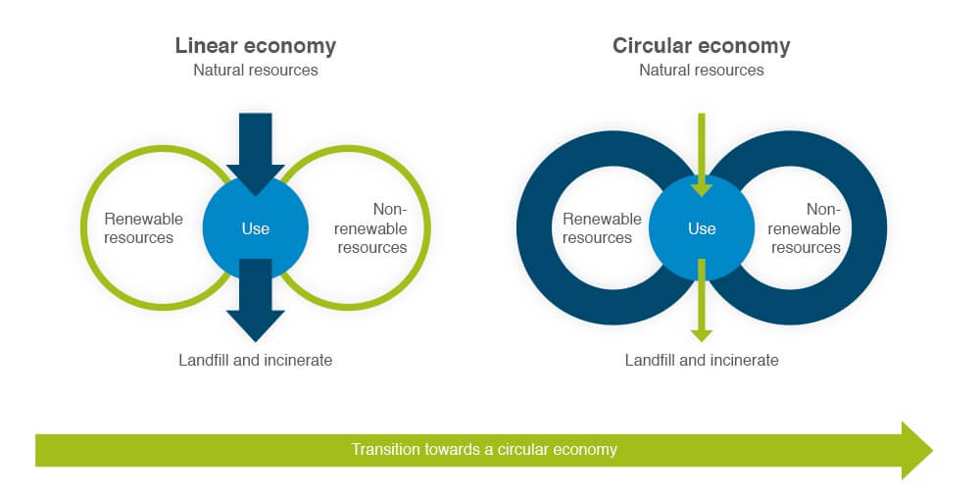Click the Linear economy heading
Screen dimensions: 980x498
pyautogui.click(x=256, y=46)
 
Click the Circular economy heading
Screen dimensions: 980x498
pyautogui.click(x=702, y=46)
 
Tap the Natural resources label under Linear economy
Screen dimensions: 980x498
pyautogui.click(x=256, y=70)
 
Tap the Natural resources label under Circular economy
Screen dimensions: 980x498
pyautogui.click(x=702, y=70)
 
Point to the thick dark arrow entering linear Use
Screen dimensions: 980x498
pyautogui.click(x=256, y=154)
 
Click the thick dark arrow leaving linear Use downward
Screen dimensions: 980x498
pyautogui.click(x=256, y=300)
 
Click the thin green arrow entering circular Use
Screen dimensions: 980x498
pyautogui.click(x=702, y=154)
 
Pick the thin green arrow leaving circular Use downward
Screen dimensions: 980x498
pyautogui.click(x=702, y=300)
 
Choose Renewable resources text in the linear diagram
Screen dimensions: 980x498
pyautogui.click(x=143, y=228)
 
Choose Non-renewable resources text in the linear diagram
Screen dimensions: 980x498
pyautogui.click(x=370, y=228)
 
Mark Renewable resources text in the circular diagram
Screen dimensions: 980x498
pyautogui.click(x=602, y=228)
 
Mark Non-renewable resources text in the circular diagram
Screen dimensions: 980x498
pyautogui.click(x=805, y=228)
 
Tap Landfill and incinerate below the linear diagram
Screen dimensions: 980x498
pyautogui.click(x=256, y=361)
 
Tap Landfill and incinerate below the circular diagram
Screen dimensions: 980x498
pyautogui.click(x=702, y=361)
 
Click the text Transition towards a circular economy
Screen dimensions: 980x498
pyautogui.click(x=484, y=450)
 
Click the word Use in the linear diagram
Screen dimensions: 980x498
pyautogui.click(x=256, y=228)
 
